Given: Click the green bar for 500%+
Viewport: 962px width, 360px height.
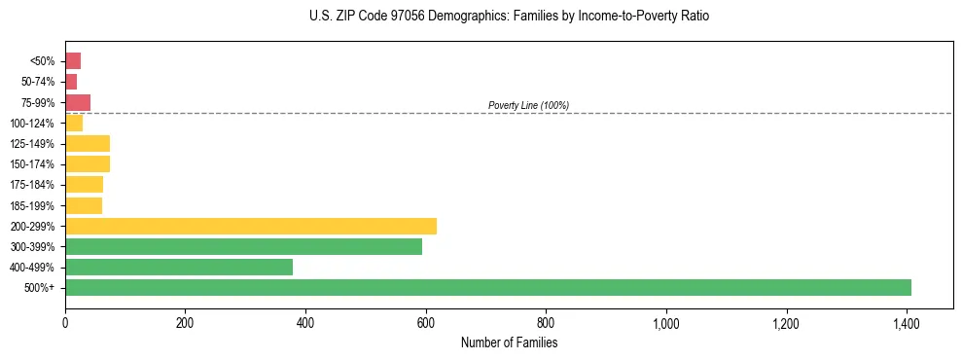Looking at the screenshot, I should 488,288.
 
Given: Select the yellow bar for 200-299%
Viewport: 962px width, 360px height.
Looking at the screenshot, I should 251,227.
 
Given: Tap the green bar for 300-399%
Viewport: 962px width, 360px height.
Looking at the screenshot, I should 243,247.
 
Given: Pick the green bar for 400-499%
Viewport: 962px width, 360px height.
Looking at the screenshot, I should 179,268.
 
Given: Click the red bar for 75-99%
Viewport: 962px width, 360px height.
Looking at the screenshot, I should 78,103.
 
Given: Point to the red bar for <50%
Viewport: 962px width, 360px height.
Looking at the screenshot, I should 73,61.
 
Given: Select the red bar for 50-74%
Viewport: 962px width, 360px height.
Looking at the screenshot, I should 71,82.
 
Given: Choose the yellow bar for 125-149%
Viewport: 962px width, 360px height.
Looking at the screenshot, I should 88,144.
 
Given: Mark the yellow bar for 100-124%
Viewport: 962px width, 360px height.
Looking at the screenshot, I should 74,124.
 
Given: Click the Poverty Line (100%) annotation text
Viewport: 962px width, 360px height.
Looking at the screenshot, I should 528,105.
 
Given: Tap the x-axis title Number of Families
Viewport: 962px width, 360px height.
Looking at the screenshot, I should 509,342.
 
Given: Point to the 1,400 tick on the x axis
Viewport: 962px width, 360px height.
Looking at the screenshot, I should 907,322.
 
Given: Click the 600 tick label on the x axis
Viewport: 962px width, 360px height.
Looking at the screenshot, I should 426,322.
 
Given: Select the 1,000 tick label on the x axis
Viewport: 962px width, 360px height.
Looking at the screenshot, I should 666,322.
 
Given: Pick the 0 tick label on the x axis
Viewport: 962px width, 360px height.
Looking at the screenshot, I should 65,322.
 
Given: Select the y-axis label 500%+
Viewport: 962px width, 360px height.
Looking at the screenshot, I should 40,288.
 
